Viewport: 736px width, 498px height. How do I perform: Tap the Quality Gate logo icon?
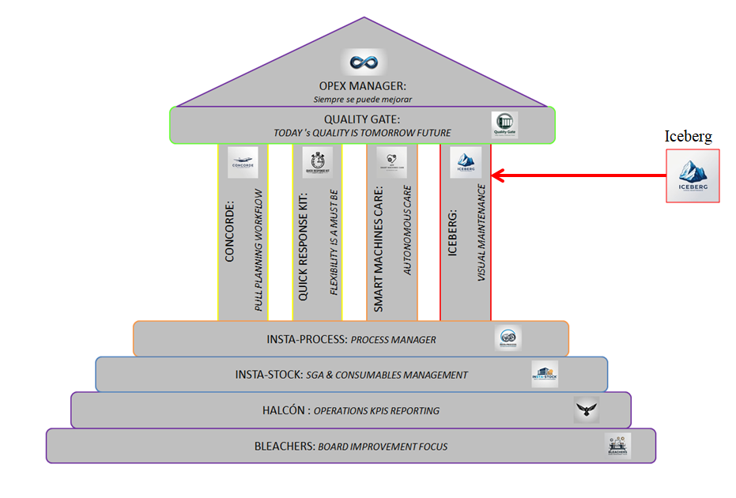coord(504,125)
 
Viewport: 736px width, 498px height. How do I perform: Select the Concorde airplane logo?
coord(243,162)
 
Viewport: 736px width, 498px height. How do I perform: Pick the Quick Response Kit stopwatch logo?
coord(317,162)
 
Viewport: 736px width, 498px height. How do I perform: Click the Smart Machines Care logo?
coord(391,162)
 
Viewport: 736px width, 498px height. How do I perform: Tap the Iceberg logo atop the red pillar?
coord(466,162)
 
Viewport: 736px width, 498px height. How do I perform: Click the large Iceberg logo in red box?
coord(693,175)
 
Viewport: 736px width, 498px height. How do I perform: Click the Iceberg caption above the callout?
coord(688,137)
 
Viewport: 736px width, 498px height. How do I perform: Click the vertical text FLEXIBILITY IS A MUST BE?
coord(334,242)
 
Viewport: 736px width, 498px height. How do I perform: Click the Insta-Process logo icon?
coord(508,339)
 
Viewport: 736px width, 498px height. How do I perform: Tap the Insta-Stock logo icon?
coord(545,374)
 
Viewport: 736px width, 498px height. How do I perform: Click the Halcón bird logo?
coord(586,409)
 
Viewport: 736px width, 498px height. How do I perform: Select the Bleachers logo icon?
coord(617,445)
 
